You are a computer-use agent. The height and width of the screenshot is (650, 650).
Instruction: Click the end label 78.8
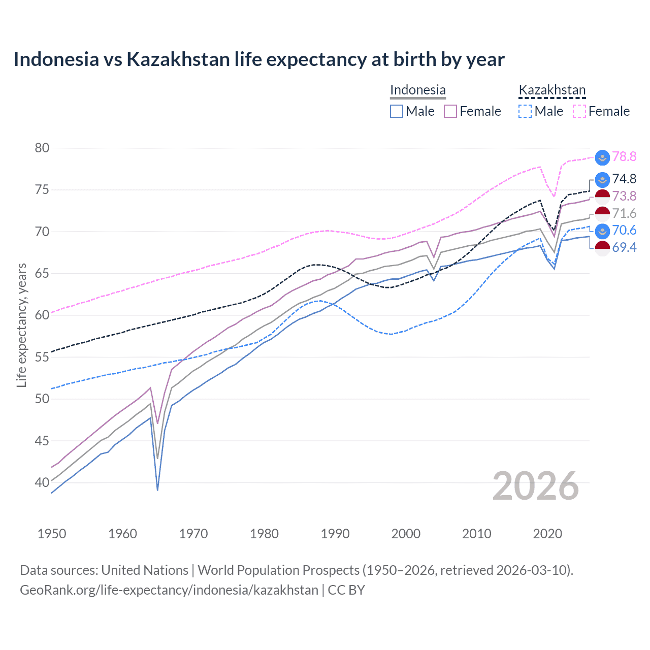coord(624,157)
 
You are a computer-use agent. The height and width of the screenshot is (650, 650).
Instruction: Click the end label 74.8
coord(624,179)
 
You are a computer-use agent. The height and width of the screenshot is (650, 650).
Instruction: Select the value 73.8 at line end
coord(624,197)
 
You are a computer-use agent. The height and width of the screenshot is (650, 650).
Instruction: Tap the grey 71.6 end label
coord(624,214)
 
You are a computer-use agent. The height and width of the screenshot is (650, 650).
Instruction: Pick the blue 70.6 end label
coord(624,231)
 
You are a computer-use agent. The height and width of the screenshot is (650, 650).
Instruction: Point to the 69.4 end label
coord(624,248)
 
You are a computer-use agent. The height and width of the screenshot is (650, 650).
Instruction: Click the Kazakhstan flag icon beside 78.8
coord(602,157)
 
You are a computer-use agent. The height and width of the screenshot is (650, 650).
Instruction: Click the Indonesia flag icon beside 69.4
coord(602,248)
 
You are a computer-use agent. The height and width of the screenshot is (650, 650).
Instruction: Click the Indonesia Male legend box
coord(397,111)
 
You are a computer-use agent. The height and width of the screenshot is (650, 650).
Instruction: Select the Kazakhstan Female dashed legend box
coord(579,111)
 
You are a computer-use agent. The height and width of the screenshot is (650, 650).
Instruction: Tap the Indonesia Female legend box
coord(450,111)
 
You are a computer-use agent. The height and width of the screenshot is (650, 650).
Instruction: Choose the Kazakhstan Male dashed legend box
coord(525,111)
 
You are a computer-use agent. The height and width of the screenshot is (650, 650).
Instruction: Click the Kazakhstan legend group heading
coord(552,90)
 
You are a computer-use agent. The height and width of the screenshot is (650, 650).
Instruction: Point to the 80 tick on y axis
coord(42,148)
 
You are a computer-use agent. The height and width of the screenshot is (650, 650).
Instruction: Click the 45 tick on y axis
coord(42,441)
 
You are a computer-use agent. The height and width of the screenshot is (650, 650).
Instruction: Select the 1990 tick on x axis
coord(335,534)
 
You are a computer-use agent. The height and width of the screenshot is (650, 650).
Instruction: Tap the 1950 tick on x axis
coord(52,534)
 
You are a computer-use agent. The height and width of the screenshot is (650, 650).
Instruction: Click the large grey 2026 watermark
coord(535,486)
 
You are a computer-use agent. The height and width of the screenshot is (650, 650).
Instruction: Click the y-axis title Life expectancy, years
coord(21,325)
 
